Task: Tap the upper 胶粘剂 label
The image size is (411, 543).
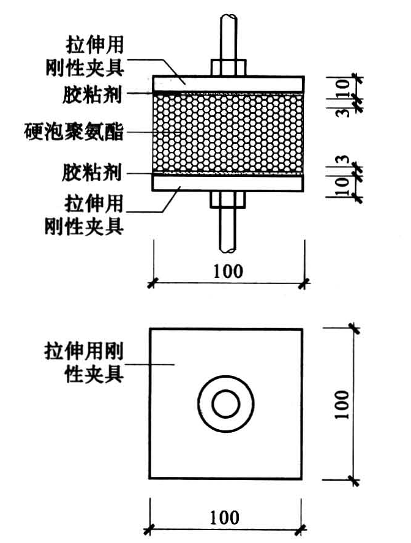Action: (92, 94)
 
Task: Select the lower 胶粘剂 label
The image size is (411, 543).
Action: (92, 172)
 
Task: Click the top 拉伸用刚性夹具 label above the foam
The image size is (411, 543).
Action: (92, 54)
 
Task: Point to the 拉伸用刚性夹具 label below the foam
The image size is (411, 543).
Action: (92, 214)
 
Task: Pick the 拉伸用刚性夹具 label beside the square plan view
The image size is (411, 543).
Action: (84, 362)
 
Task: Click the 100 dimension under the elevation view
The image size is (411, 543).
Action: (227, 271)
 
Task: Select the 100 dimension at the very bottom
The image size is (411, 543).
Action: (224, 517)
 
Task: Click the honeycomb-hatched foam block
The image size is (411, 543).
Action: (227, 133)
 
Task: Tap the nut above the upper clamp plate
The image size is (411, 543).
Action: (228, 67)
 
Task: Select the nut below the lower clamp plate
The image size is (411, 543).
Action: (228, 198)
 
